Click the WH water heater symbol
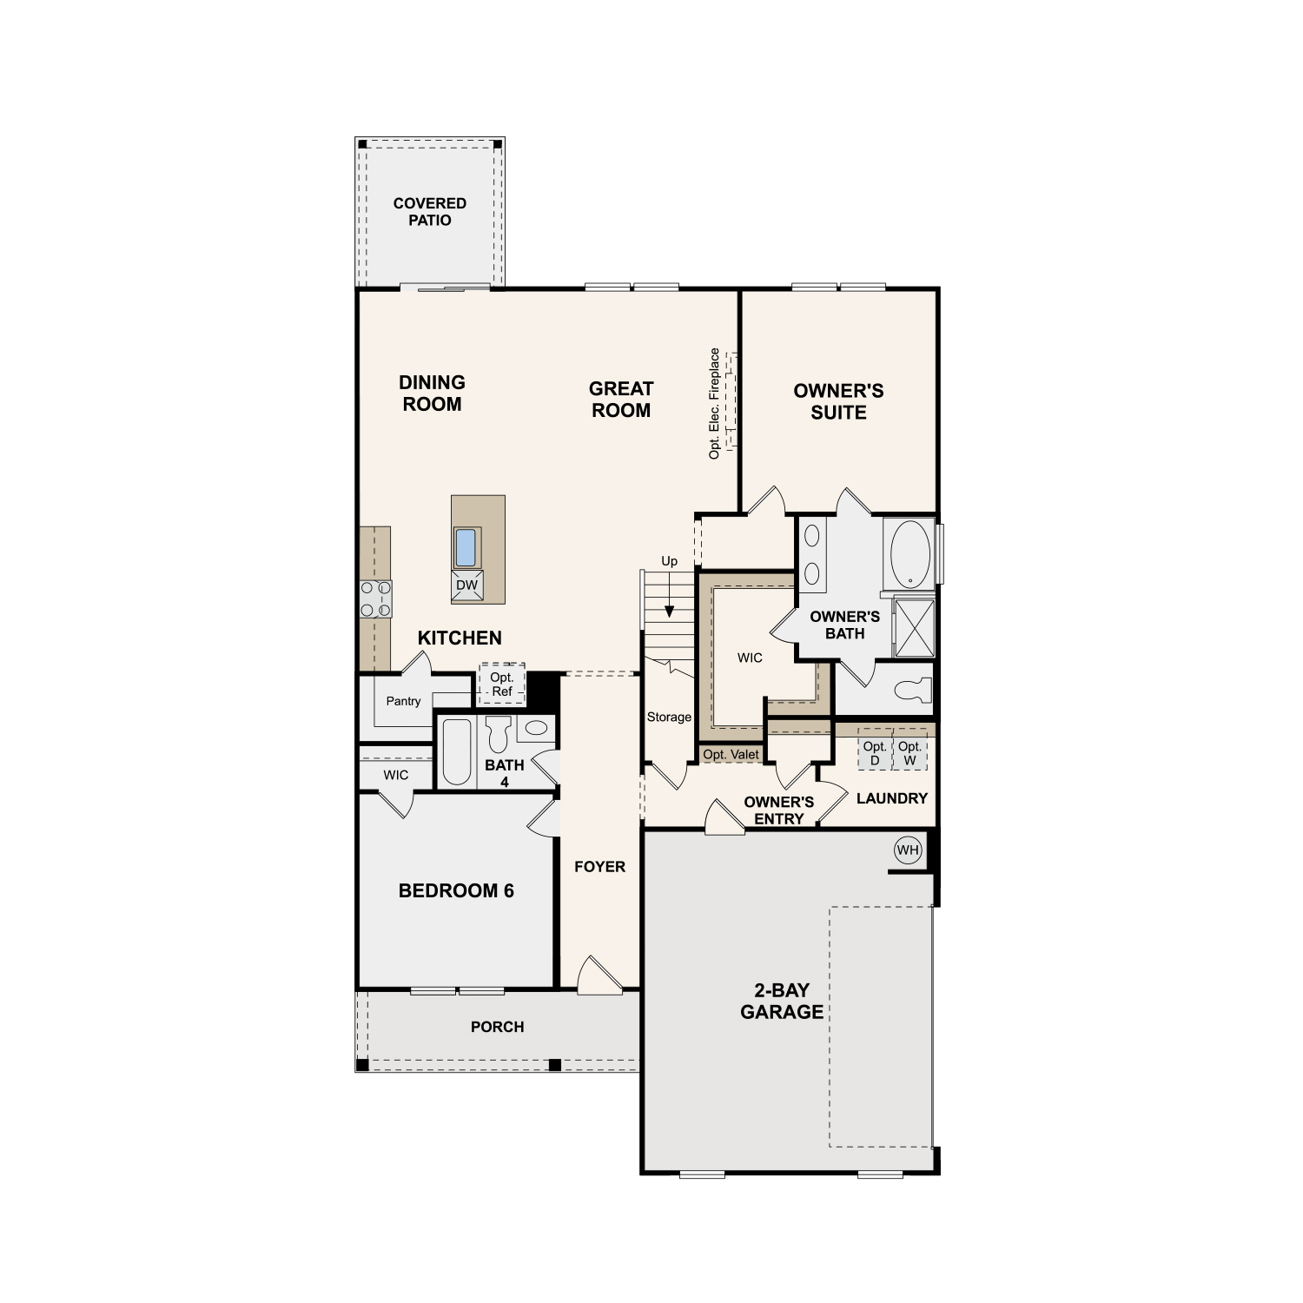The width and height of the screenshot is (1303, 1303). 908,850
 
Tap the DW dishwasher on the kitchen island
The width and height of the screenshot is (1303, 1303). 467,585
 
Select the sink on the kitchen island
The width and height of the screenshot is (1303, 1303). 466,547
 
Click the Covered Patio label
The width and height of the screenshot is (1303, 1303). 430,212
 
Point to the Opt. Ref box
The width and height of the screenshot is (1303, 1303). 502,685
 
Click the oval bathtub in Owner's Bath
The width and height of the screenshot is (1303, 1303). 910,553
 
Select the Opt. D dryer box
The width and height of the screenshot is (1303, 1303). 875,753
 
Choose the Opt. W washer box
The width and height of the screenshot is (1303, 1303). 909,753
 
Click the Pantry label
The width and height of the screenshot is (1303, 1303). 403,701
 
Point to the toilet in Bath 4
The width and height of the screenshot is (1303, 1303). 498,734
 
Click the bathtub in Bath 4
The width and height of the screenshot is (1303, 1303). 457,751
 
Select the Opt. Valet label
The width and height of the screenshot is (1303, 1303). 731,755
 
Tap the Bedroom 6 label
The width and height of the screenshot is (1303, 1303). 456,890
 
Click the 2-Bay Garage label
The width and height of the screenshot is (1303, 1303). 782,1001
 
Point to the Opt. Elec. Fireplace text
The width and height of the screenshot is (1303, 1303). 715,404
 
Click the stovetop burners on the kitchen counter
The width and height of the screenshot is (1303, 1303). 376,599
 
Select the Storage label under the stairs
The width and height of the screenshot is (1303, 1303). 669,717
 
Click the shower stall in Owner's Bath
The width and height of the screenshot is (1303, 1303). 915,627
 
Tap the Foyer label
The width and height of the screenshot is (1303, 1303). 599,867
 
